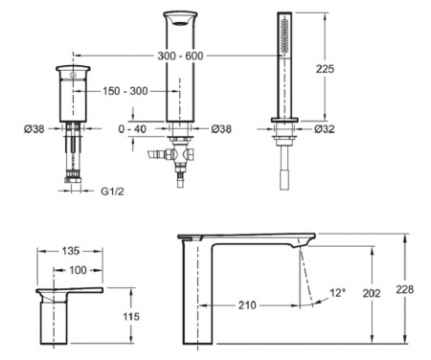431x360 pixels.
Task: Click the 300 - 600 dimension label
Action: coord(180,56)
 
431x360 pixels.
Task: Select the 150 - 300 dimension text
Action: coord(125,91)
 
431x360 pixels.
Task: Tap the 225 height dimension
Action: coord(325,69)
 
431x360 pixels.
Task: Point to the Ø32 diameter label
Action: coord(325,129)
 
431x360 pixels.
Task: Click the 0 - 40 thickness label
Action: coord(132,129)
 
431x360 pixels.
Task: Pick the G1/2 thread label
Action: coord(112,191)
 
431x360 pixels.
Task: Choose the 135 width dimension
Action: coord(71,251)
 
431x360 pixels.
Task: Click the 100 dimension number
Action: coord(78,270)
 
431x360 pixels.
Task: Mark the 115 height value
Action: coord(131,316)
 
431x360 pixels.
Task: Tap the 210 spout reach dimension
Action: coord(247,305)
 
